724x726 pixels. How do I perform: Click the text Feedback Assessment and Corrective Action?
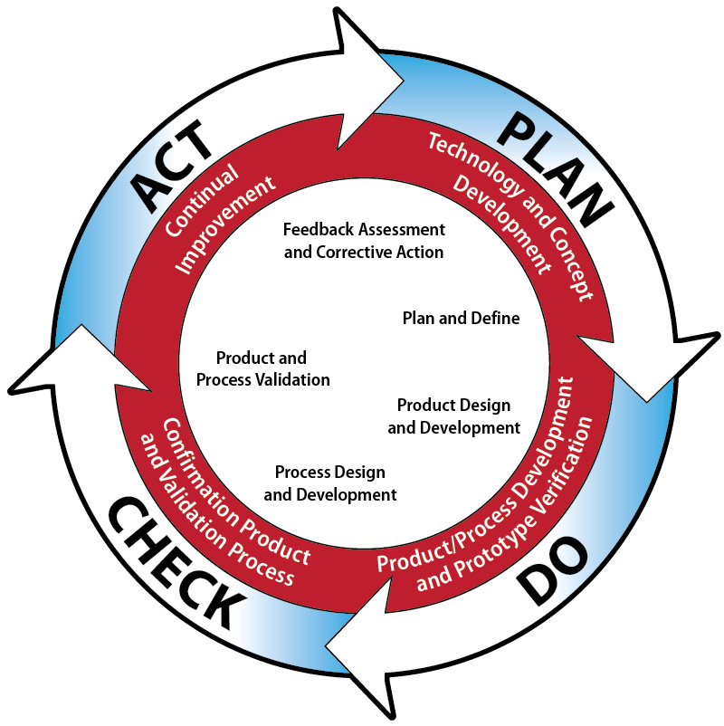tap(364, 240)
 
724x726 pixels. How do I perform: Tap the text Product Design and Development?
tap(454, 416)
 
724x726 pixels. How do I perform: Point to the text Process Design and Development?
tap(330, 483)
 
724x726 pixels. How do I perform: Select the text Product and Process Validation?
tap(262, 368)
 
